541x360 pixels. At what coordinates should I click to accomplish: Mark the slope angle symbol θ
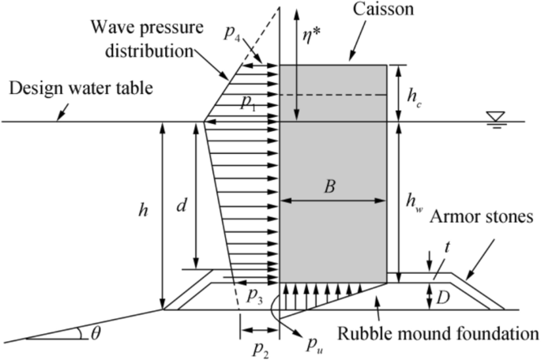[96, 332]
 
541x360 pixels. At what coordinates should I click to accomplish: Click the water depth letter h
[143, 211]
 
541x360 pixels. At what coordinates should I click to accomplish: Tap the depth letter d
[181, 207]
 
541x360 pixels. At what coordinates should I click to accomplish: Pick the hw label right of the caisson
[414, 203]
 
